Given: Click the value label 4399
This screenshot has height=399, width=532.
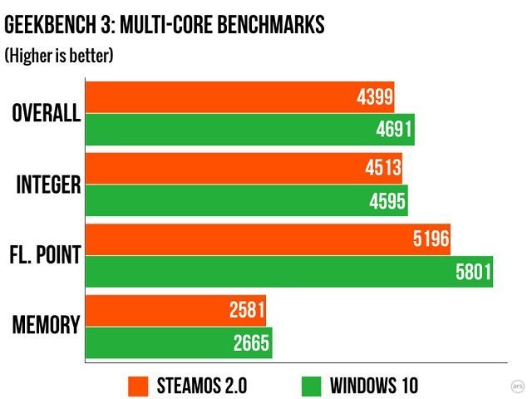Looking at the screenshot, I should click(x=373, y=98).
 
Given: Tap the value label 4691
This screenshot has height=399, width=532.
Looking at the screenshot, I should click(x=393, y=130).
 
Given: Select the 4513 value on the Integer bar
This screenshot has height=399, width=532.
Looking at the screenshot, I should click(x=382, y=169).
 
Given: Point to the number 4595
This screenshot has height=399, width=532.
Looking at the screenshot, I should click(x=387, y=200).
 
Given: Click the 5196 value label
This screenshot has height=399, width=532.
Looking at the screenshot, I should click(x=431, y=240).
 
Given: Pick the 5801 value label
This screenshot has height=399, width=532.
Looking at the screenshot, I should click(x=473, y=272).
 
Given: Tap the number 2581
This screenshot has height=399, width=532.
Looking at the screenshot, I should click(x=246, y=311).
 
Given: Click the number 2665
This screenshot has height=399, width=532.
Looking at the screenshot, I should click(x=252, y=342).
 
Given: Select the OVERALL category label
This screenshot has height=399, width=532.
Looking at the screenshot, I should click(x=46, y=114).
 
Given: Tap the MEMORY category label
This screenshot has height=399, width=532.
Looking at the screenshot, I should click(x=47, y=326).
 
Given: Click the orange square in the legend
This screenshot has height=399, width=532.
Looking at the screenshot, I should click(x=138, y=386).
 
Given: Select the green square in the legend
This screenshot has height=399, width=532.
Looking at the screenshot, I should click(x=312, y=386).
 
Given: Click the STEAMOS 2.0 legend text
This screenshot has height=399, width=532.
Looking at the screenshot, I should click(x=201, y=386).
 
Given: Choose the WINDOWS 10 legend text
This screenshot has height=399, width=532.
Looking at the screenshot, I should click(x=374, y=386).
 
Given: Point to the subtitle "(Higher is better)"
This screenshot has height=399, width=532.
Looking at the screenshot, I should click(x=59, y=56).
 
